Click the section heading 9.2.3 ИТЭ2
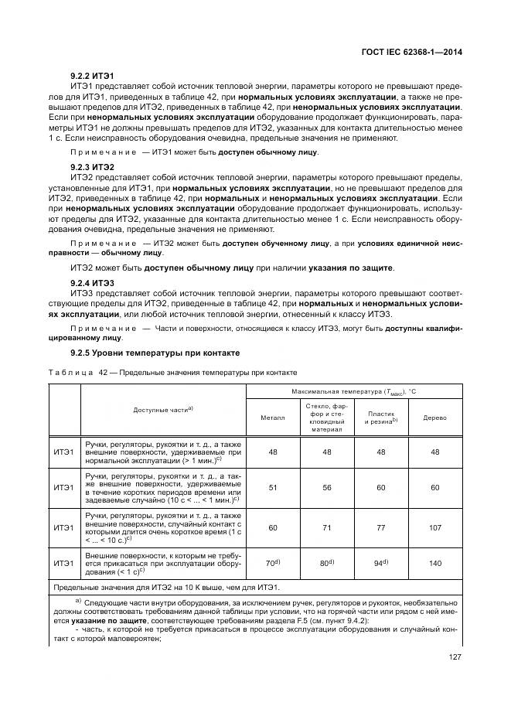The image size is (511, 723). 92,167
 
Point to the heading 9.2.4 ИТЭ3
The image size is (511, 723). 92,282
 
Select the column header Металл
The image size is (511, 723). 272,417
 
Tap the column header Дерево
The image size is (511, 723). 434,417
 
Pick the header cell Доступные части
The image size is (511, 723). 162,408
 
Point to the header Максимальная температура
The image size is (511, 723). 354,392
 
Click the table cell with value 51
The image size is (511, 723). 272,487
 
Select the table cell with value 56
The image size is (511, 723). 326,487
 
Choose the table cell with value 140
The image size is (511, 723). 434,564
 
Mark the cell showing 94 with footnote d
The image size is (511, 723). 380,564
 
